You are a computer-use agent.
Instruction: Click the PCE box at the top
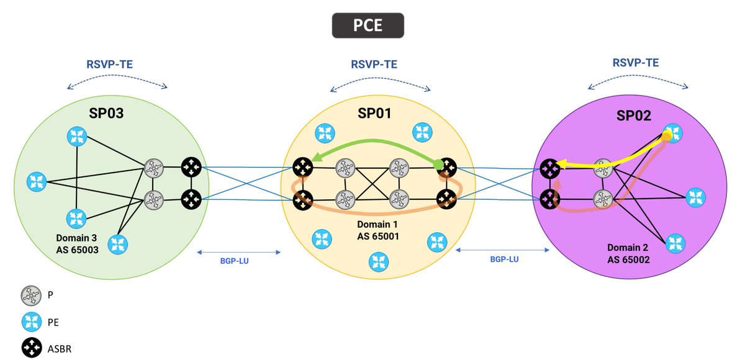(x=368, y=25)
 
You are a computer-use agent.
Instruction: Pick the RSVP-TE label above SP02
(x=635, y=62)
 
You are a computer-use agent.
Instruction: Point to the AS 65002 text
(x=628, y=260)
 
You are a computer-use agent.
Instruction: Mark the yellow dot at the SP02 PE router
(x=666, y=135)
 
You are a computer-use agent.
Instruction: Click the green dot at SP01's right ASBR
(x=438, y=164)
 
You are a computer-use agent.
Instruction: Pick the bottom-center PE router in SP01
(x=376, y=261)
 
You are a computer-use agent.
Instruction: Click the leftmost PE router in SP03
(x=36, y=182)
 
